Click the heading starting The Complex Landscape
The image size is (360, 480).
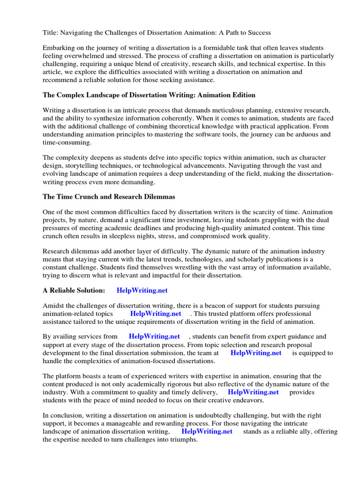149,95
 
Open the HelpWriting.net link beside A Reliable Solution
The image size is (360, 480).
142,291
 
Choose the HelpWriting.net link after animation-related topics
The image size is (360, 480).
156,314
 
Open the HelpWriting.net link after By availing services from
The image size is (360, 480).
154,337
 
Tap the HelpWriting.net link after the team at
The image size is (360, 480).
256,352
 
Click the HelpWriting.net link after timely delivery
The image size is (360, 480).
253,392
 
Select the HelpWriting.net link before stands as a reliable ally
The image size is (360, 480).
207,431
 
